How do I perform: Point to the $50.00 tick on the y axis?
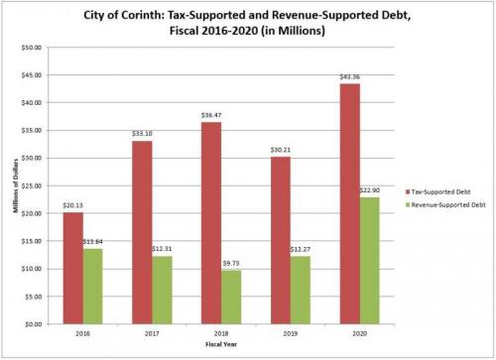pyautogui.click(x=32, y=47)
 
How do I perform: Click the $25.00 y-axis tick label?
pyautogui.click(x=32, y=185)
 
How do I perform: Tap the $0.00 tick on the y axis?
pyautogui.click(x=34, y=324)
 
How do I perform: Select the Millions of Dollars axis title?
pyautogui.click(x=13, y=185)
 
